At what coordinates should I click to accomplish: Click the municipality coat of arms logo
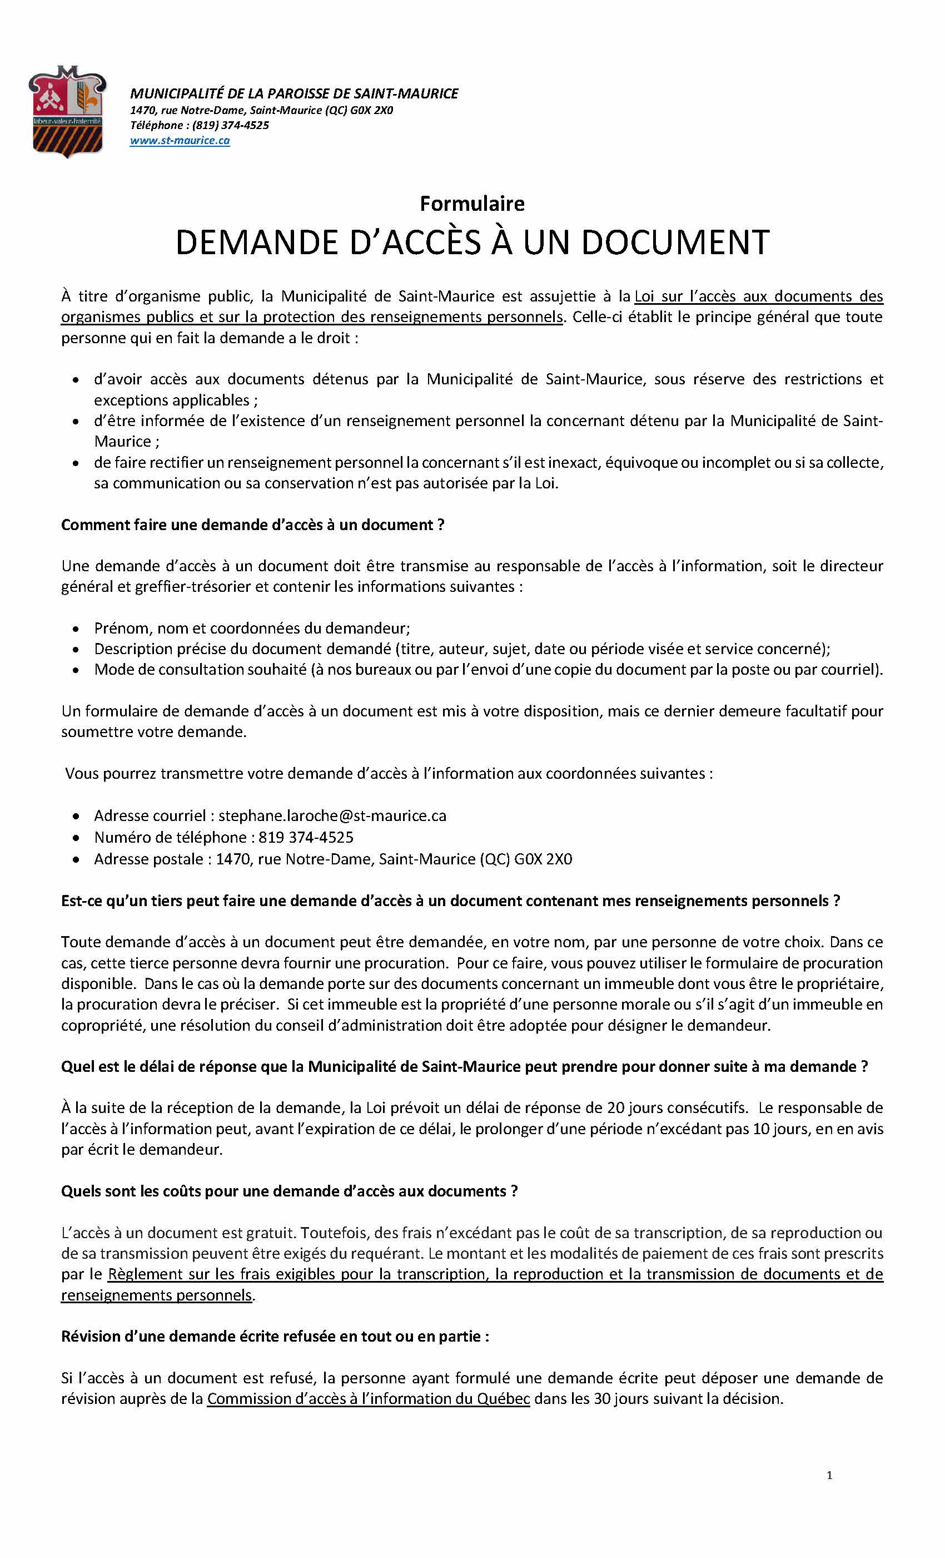tap(67, 111)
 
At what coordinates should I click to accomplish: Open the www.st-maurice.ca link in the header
tap(180, 140)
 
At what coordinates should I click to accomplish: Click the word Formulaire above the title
tap(472, 204)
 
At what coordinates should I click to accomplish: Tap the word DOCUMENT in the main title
tap(674, 242)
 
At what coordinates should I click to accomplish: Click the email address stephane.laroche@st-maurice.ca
tap(332, 815)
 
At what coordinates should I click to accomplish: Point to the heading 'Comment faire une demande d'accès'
tap(253, 525)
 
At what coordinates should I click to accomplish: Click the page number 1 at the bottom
tap(829, 1476)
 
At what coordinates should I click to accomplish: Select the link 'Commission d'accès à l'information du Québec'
tap(368, 1399)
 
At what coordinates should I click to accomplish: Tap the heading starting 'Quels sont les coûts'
tap(290, 1191)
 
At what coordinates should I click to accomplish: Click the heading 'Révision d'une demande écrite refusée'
tap(275, 1337)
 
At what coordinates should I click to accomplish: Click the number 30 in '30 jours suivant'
tap(603, 1399)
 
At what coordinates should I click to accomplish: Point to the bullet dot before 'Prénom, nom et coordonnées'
tap(76, 629)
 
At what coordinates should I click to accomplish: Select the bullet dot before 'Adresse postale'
tap(76, 860)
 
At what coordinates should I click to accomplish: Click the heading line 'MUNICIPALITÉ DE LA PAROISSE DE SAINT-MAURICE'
tap(294, 93)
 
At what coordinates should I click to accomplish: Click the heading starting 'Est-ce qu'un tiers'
tap(450, 901)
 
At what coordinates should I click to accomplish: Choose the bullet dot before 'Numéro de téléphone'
tap(76, 838)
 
